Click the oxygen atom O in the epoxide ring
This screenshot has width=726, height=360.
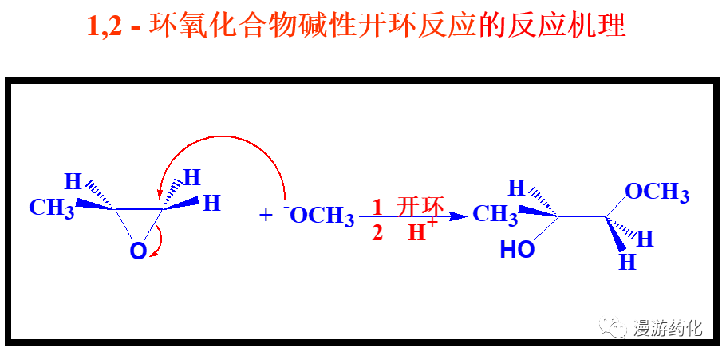138,252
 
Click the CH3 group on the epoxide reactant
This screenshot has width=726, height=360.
52,208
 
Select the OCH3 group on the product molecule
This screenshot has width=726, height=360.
657,192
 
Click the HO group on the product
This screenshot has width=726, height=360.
518,250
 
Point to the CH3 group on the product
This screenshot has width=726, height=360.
495,214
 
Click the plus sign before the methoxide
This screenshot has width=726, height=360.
266,215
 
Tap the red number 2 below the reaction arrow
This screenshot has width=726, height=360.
377,233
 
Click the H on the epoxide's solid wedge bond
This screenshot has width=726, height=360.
211,203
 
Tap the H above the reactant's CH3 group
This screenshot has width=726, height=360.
73,182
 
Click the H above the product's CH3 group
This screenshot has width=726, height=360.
517,188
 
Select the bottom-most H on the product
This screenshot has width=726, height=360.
628,263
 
